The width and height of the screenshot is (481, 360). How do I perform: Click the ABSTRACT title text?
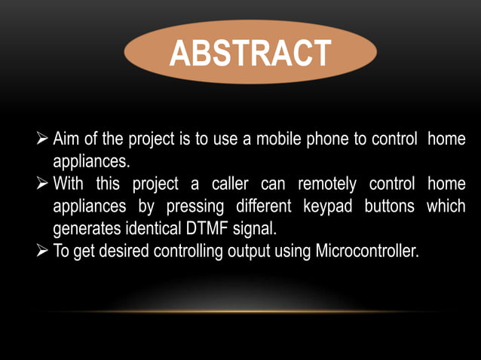(250, 53)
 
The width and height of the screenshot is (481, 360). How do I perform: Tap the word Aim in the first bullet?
(66, 140)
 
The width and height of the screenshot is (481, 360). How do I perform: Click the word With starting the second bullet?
(72, 185)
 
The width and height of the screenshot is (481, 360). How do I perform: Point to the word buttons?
(389, 206)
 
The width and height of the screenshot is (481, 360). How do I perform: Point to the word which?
(445, 206)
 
